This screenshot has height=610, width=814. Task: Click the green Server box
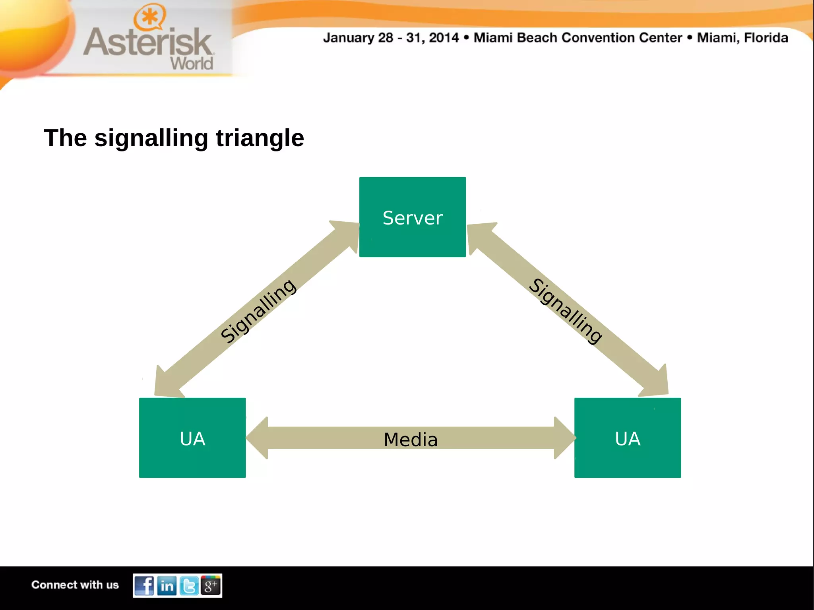[412, 217]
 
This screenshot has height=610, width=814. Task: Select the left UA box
[192, 438]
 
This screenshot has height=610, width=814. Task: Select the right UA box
[627, 438]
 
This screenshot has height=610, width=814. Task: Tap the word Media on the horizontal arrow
[411, 440]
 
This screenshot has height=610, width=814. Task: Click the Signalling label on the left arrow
[259, 311]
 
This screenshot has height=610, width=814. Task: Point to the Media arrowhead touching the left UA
[258, 438]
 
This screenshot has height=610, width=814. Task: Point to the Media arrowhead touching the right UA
[564, 438]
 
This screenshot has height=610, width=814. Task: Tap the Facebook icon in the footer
[144, 585]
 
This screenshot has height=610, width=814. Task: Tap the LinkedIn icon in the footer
[167, 585]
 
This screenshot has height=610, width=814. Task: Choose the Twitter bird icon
[189, 585]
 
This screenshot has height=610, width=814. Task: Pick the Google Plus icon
[211, 585]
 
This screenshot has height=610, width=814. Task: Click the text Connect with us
[75, 585]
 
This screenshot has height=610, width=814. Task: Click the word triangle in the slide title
[260, 138]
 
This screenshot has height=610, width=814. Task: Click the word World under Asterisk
[192, 64]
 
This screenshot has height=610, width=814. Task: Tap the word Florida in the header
[766, 38]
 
